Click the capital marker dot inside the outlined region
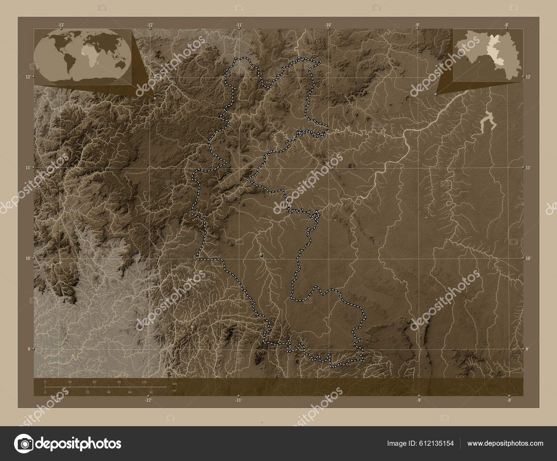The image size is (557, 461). (262, 256)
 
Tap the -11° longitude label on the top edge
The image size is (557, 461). (239, 25)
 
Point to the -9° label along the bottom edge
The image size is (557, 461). (419, 400)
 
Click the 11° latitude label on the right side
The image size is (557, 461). (528, 168)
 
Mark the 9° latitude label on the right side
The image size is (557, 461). (527, 349)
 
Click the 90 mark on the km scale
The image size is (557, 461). (119, 382)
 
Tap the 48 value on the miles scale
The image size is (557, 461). (109, 392)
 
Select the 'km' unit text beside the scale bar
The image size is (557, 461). (175, 383)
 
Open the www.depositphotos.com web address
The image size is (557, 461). (505, 443)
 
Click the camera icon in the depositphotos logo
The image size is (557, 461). (25, 444)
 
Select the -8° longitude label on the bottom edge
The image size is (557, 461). (509, 400)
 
